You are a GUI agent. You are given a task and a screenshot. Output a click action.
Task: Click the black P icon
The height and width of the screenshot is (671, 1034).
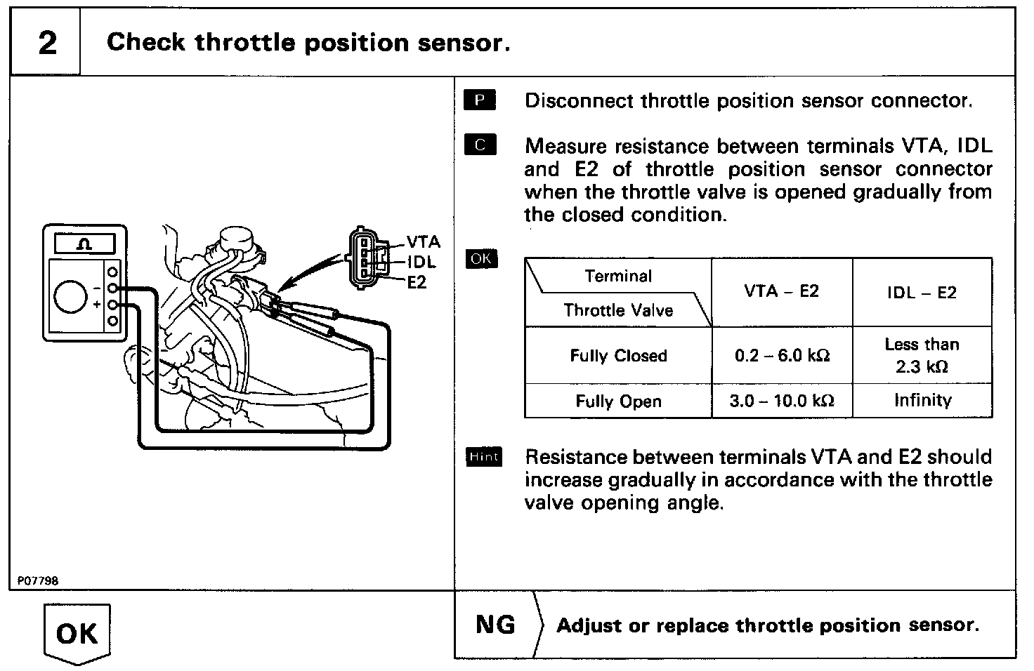[x=480, y=100]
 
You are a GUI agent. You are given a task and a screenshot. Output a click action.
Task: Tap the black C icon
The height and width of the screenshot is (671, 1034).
[x=480, y=145]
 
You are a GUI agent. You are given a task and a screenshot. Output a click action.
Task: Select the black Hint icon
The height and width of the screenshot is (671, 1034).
[x=483, y=457]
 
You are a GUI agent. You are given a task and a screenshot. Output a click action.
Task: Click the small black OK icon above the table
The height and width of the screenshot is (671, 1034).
[x=481, y=259]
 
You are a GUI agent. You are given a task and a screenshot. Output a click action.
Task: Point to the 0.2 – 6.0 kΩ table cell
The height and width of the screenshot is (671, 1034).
[x=782, y=356]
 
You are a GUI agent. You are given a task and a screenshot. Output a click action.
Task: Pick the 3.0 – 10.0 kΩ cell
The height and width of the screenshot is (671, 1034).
[x=782, y=401]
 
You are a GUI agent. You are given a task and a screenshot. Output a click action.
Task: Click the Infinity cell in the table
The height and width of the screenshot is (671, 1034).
[x=922, y=401]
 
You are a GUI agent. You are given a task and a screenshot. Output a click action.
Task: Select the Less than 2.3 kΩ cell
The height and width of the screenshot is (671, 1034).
[x=922, y=355]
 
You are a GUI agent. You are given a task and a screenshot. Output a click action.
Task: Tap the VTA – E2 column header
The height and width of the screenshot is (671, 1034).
[x=782, y=292]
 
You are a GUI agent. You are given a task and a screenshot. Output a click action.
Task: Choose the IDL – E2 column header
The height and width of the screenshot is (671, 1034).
[x=922, y=293]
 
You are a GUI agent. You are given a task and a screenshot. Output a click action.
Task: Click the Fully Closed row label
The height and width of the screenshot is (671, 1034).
[x=618, y=356]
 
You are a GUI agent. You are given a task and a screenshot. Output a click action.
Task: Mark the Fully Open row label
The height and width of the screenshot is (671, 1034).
[x=618, y=401]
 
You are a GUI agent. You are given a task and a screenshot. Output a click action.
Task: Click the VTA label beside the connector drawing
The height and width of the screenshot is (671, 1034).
[x=424, y=242]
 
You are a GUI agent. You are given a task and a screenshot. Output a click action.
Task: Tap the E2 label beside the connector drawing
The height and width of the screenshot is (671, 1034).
[x=417, y=283]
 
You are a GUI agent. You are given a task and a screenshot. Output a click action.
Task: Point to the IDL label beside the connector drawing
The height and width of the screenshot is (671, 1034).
[x=421, y=263]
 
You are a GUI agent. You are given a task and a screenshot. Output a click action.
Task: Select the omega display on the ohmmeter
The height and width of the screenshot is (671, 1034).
[x=85, y=244]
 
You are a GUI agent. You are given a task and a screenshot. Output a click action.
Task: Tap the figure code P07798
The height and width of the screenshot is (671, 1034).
[x=38, y=581]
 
